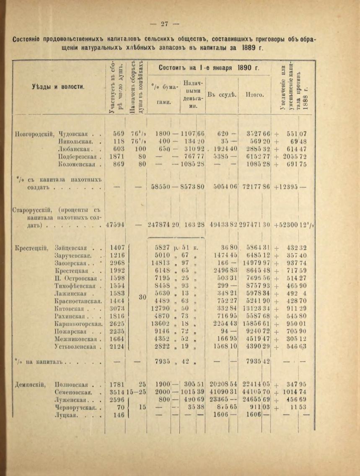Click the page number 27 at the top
click(164, 24)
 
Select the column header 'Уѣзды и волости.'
click(58, 87)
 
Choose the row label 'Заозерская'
click(71, 263)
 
